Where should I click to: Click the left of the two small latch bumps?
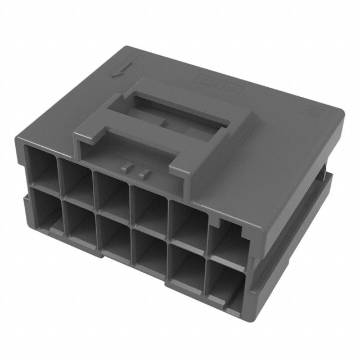click(x=128, y=167)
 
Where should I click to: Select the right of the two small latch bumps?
click(x=143, y=170)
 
